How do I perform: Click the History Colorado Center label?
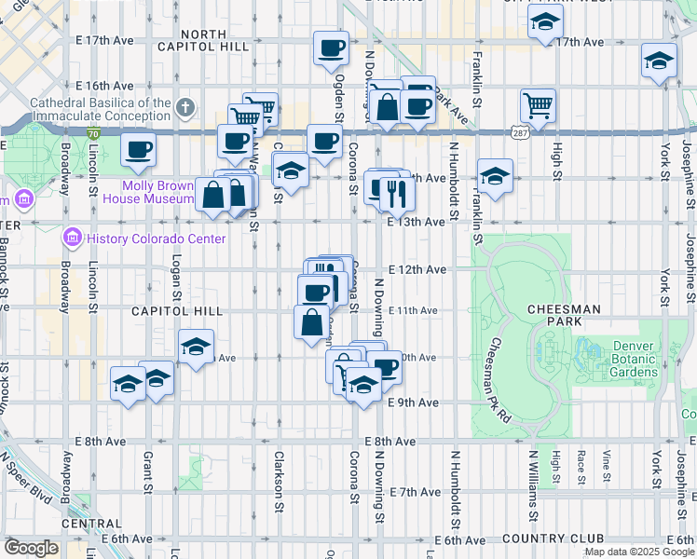(156, 239)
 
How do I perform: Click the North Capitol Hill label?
(215, 39)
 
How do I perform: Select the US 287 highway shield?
(519, 134)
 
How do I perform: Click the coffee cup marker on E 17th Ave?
(330, 48)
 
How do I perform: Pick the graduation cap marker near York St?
(658, 62)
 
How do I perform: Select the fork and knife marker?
(398, 193)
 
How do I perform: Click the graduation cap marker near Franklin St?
(495, 175)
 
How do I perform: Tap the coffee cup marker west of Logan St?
(138, 149)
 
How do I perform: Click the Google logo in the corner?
(31, 548)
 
